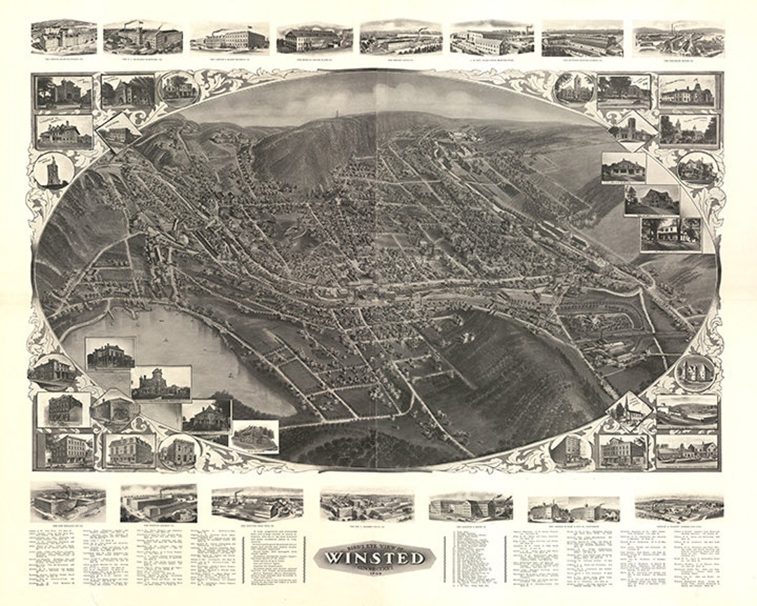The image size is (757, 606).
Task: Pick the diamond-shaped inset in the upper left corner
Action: tap(118, 131)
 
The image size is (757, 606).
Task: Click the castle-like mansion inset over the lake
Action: tap(161, 383)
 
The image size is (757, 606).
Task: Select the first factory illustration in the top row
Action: tap(63, 37)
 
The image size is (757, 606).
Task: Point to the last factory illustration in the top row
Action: tap(678, 39)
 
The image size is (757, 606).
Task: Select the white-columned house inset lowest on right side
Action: tap(670, 234)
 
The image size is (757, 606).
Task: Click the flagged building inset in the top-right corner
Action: tap(686, 92)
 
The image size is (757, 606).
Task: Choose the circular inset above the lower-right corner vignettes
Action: tap(694, 372)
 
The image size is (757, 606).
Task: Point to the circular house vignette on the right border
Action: tap(697, 169)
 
